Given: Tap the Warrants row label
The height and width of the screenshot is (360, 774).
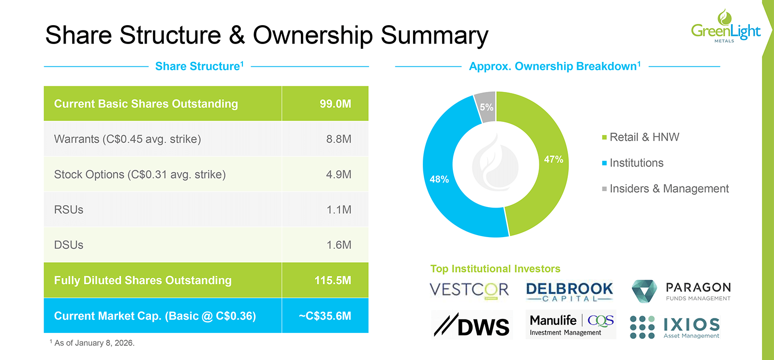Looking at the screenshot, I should (127, 139).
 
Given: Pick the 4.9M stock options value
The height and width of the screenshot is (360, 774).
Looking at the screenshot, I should (338, 175).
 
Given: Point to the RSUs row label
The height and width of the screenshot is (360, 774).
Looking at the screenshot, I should (69, 210).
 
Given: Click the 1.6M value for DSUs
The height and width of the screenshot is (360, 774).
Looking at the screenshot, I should (338, 245).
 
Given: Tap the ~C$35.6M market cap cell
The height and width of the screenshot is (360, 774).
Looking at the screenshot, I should (325, 316).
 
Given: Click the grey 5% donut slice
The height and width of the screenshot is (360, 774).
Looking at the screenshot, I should (486, 106).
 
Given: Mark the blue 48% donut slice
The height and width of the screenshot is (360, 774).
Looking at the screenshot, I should (440, 179).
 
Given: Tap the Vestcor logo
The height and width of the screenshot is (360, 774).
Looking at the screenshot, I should (469, 290).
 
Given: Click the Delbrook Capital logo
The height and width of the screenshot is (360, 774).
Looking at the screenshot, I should (569, 291).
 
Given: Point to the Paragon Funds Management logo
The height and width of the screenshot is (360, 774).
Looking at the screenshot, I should (681, 291).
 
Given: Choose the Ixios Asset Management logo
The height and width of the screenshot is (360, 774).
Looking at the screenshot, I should (675, 327).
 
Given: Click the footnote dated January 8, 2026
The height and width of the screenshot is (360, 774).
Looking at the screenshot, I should (92, 343).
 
